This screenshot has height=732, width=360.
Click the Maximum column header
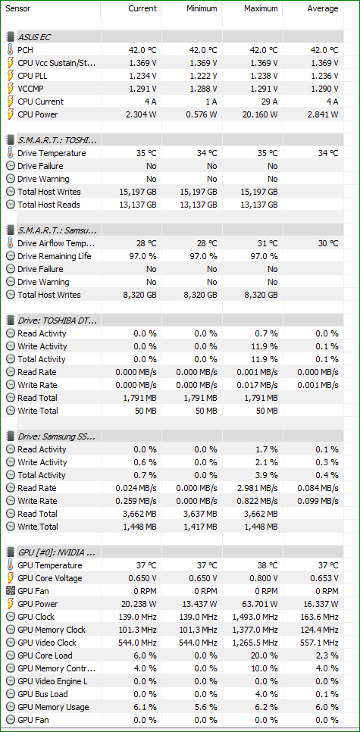261,8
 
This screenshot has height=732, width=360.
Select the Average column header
323,8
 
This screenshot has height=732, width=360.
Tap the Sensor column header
17,8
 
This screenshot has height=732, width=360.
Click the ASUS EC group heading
36,36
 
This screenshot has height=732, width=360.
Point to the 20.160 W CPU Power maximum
257,114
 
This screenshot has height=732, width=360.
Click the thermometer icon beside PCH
11,50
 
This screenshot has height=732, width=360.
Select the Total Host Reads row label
49,205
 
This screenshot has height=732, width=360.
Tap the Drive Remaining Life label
54,256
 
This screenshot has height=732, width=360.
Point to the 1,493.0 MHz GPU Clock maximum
255,617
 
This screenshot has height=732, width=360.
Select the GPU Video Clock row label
47,643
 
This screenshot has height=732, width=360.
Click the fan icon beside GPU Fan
11,591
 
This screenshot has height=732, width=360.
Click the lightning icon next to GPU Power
11,604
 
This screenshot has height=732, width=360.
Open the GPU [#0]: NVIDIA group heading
57,552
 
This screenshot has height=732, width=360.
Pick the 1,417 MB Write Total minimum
200,527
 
